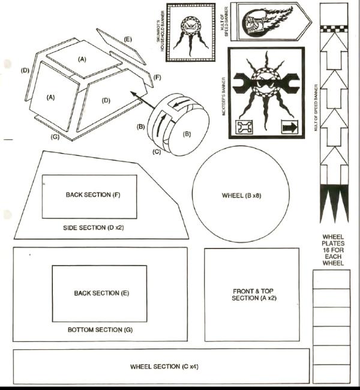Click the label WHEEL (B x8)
(x=241, y=196)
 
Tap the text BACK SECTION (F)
(x=93, y=195)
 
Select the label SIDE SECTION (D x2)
(x=93, y=227)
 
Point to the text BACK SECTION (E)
(x=101, y=293)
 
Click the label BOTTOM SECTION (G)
(x=100, y=330)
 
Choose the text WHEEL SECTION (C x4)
(x=164, y=367)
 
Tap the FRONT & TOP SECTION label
(x=254, y=295)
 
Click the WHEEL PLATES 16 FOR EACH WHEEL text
(x=333, y=250)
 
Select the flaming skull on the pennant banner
(x=266, y=22)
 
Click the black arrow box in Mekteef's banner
(x=290, y=127)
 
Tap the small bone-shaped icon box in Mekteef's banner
(x=244, y=127)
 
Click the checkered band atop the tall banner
(x=334, y=29)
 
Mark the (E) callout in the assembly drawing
(x=127, y=39)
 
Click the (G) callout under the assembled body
(x=55, y=137)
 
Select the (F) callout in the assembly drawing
(x=157, y=77)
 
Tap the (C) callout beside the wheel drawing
(x=157, y=151)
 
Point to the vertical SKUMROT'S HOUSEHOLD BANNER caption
(x=160, y=31)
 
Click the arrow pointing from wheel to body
(x=143, y=100)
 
